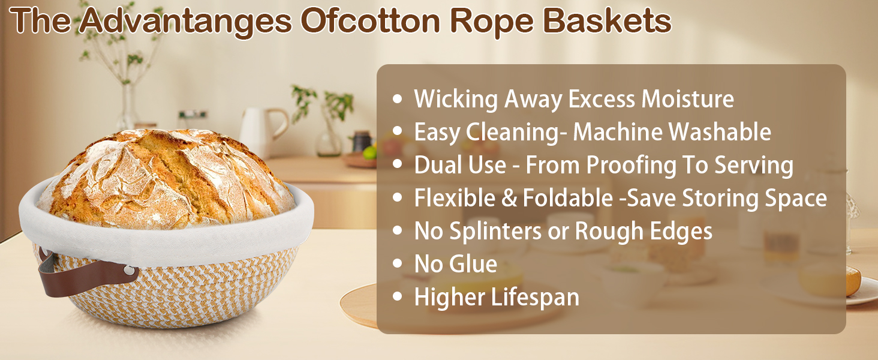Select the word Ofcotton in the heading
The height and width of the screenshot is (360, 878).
tap(371, 22)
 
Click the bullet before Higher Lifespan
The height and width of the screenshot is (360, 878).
tap(397, 298)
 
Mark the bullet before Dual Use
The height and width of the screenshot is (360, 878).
tap(397, 166)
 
